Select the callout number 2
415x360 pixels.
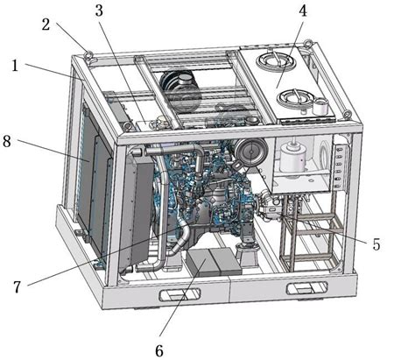[46, 25]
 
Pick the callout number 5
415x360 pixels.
[377, 244]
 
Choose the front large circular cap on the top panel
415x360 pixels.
[295, 99]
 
